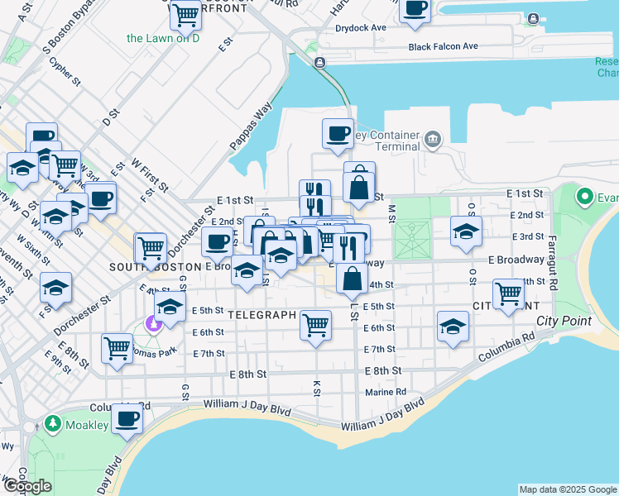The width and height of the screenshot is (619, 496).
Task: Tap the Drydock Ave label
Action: pyautogui.click(x=362, y=27)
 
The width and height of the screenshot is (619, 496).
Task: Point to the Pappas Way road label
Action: pyautogui.click(x=252, y=126)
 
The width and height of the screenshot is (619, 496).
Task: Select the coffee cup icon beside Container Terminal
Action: pyautogui.click(x=338, y=134)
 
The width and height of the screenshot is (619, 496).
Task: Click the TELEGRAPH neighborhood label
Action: pyautogui.click(x=262, y=315)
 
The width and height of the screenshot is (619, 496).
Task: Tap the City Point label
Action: pyautogui.click(x=561, y=321)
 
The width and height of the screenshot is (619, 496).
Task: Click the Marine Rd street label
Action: pyautogui.click(x=386, y=392)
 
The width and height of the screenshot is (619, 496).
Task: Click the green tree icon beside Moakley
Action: pyautogui.click(x=54, y=424)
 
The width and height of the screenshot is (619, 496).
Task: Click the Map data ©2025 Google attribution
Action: pyautogui.click(x=567, y=489)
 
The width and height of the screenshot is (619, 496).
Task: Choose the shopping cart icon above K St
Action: pyautogui.click(x=316, y=325)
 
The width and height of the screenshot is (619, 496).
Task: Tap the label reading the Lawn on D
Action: pyautogui.click(x=163, y=38)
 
